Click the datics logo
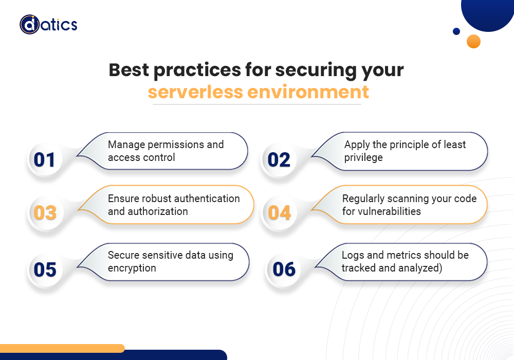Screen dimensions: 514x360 (48, 25)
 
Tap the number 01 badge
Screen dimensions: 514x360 (44, 159)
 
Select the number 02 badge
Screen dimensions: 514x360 (279, 160)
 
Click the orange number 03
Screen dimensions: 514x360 (45, 213)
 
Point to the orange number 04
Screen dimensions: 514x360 (279, 213)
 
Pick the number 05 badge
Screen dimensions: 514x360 (45, 269)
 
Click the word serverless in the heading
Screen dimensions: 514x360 (195, 92)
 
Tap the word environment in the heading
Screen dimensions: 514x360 (308, 92)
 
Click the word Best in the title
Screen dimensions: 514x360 (129, 70)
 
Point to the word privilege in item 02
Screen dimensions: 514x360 (363, 158)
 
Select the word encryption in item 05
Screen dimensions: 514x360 (132, 268)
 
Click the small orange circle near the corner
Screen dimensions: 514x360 (473, 41)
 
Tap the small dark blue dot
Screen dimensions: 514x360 (456, 31)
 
